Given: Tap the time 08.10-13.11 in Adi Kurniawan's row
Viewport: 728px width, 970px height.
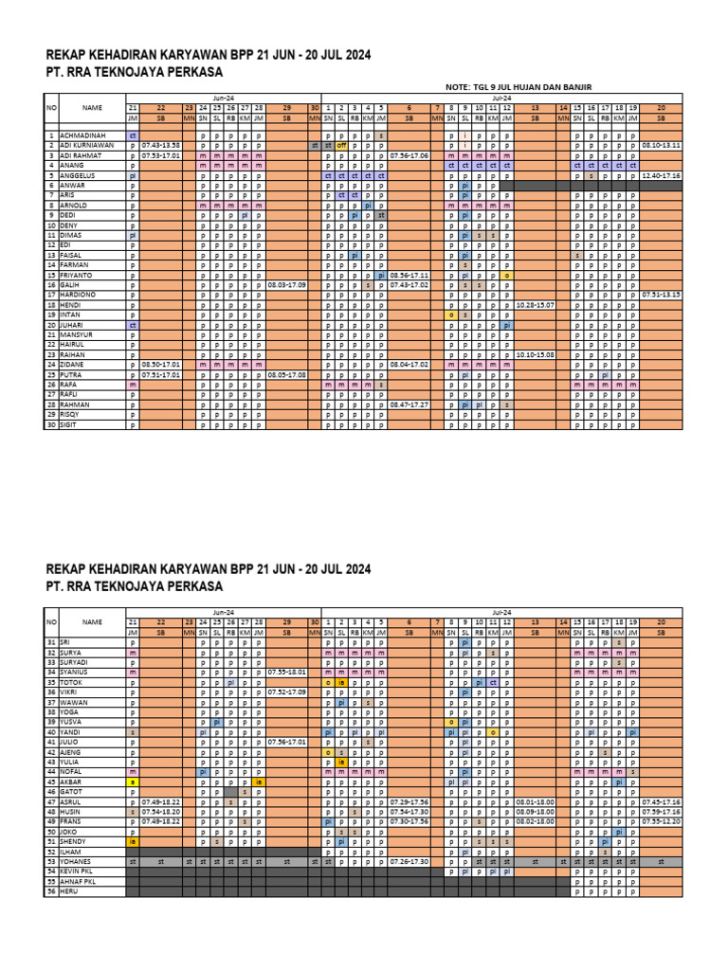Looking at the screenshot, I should pos(661,146).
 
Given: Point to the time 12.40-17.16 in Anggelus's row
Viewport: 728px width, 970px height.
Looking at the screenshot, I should pos(661,175).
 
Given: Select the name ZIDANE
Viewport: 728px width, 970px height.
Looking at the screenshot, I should pos(72,365).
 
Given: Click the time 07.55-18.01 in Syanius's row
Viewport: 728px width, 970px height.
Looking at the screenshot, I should pos(286,672).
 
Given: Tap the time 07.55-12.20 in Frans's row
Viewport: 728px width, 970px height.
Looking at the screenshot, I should pos(661,821).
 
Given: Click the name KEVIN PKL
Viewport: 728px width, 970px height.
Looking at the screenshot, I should pos(78,871).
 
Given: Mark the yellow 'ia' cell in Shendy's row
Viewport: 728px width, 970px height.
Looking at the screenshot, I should pos(133,841).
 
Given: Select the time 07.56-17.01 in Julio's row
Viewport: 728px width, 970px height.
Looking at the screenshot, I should pos(286,742).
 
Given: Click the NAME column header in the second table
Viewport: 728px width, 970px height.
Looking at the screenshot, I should pos(91,622).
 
